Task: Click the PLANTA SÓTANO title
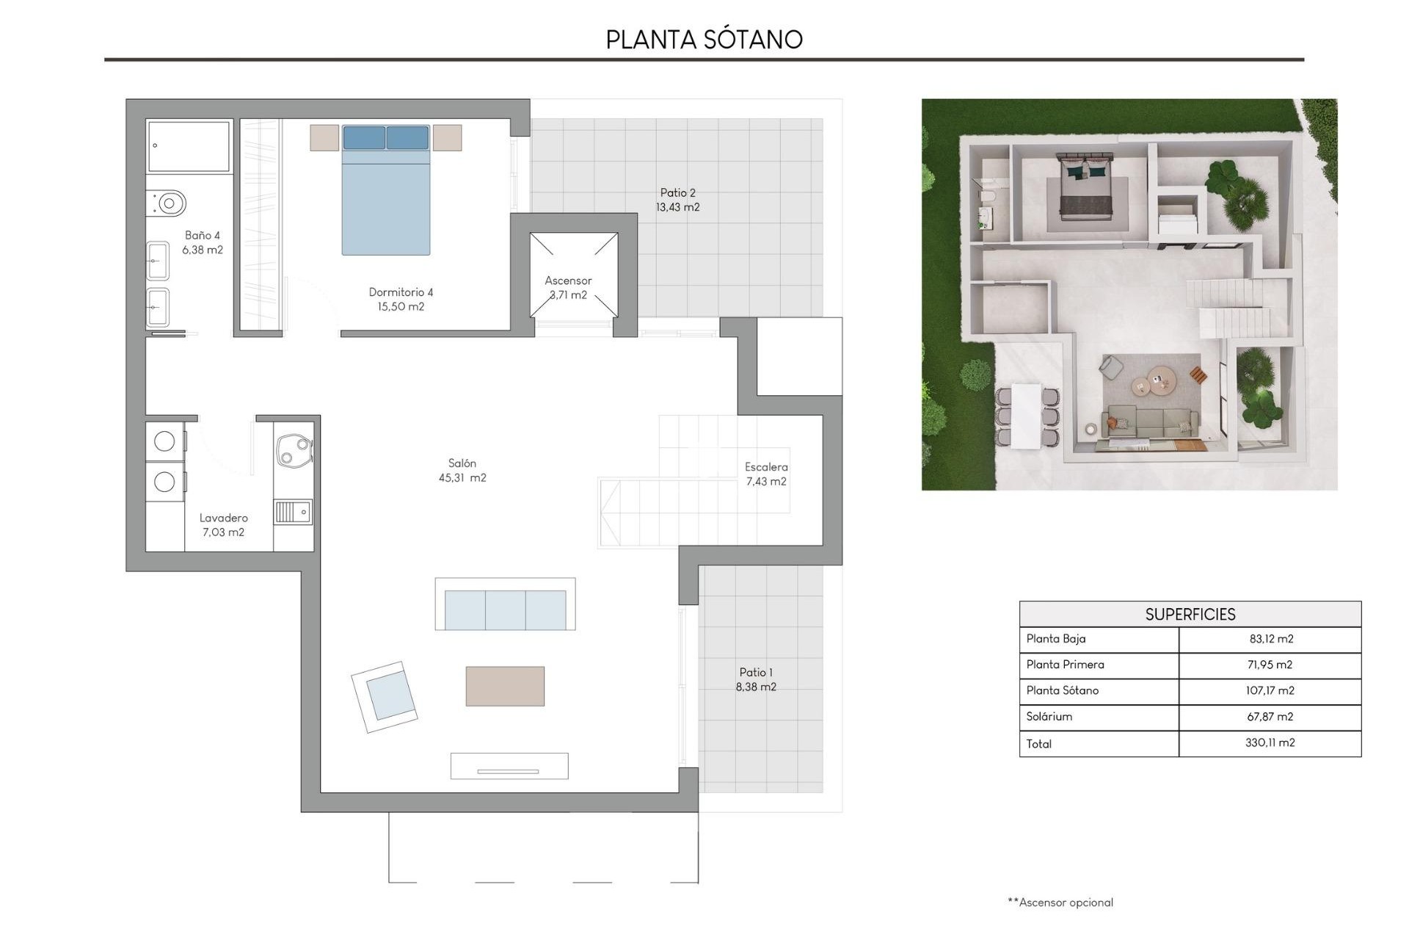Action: [704, 40]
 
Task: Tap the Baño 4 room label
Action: [202, 236]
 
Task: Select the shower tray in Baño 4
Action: [189, 146]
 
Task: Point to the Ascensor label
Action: [567, 281]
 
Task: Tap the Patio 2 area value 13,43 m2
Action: [677, 208]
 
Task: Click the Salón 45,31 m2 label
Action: [462, 471]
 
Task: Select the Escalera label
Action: [766, 467]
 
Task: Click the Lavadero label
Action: [223, 518]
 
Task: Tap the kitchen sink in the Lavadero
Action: [293, 512]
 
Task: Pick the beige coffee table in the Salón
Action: [505, 686]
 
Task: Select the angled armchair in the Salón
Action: [385, 696]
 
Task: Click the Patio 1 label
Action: [755, 673]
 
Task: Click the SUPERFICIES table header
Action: [1190, 615]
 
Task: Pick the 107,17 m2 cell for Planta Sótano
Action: [1270, 691]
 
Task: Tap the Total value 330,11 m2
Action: [1270, 743]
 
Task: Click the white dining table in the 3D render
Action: [1025, 416]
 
